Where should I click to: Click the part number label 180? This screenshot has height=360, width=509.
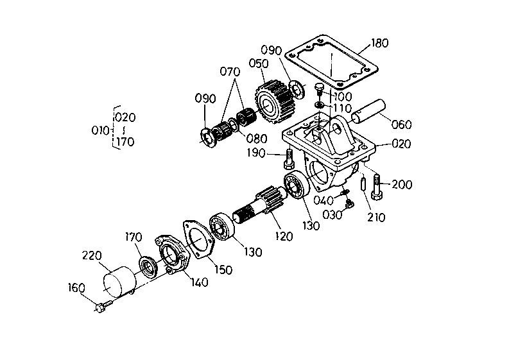[380, 44]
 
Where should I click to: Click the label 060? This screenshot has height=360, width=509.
[401, 124]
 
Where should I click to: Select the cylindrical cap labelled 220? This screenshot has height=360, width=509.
[119, 283]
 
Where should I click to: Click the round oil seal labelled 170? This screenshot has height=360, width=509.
[149, 266]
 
